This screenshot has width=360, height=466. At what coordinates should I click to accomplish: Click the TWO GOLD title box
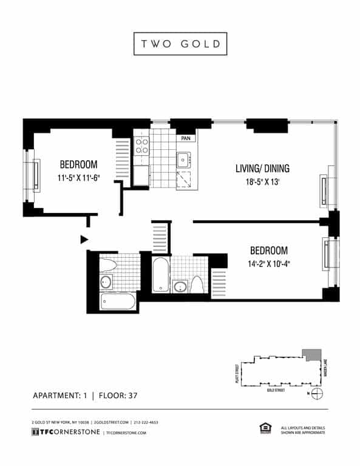[x=180, y=44]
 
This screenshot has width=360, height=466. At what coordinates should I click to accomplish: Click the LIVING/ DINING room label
[x=262, y=168]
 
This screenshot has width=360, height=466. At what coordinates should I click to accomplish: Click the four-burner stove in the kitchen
[x=142, y=146]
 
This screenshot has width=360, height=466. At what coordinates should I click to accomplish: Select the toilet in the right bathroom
[x=197, y=284]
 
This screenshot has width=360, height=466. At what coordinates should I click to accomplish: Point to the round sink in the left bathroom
[x=106, y=281]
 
